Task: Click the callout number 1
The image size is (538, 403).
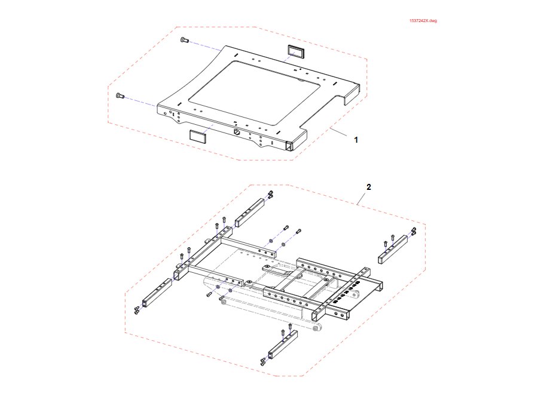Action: point(356,140)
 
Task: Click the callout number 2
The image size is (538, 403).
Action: point(369,187)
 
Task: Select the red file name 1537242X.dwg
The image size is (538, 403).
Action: point(423,21)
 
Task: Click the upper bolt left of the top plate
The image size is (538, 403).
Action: point(184,41)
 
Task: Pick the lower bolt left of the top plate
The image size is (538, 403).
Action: point(120,96)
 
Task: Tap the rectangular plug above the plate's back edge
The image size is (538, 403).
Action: point(296,51)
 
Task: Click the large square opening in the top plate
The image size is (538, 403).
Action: point(256,93)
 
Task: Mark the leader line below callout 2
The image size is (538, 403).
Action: point(361,199)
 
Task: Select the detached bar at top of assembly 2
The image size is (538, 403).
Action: point(249,213)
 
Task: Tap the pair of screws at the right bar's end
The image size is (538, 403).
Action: point(414,232)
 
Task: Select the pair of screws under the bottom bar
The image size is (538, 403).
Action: point(264,361)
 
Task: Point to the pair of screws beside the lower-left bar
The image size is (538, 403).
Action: point(137,310)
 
